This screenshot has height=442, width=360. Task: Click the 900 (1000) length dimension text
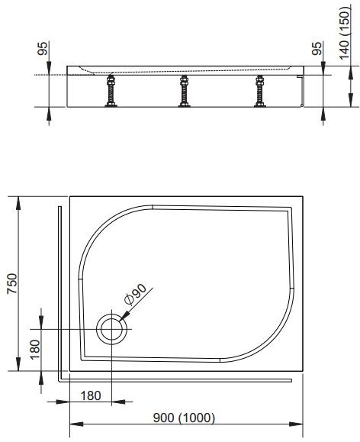click(x=185, y=418)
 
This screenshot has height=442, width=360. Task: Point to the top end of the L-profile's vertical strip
click(x=59, y=205)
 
